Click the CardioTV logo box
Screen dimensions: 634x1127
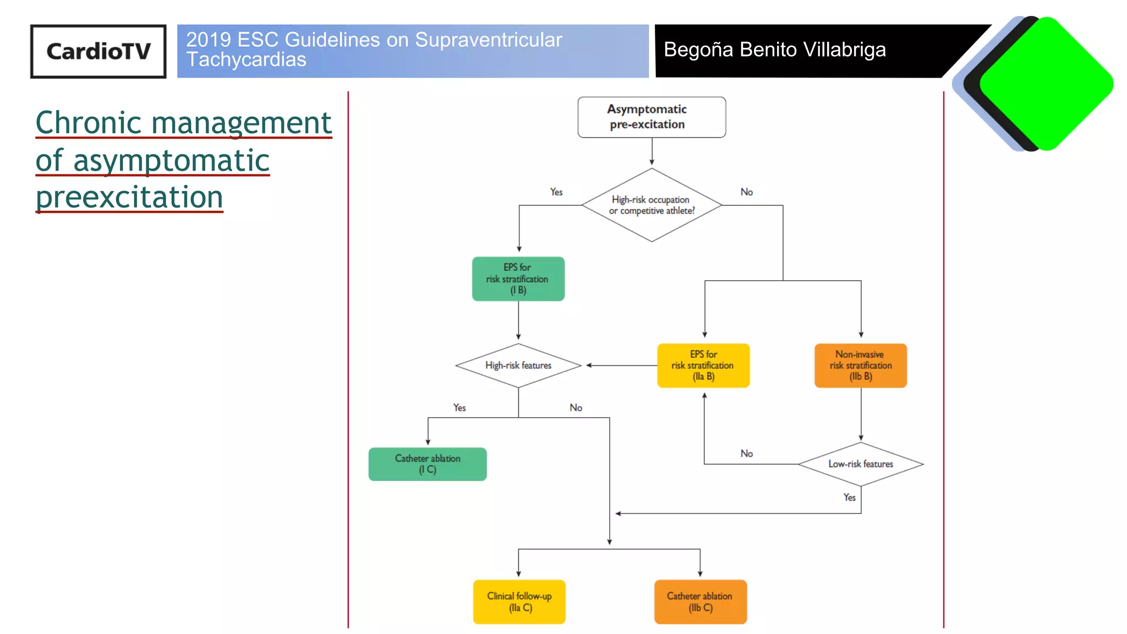98,51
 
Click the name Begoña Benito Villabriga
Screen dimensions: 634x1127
774,50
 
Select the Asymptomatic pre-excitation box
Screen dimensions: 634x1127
652,117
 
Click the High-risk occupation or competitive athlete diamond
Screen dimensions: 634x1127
652,205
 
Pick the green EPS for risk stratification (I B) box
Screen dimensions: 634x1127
518,279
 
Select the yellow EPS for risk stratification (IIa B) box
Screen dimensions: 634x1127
703,365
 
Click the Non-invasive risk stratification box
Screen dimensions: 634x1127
860,365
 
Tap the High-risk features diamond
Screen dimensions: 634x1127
518,365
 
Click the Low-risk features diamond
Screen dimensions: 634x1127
860,464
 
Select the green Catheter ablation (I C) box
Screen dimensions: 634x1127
428,464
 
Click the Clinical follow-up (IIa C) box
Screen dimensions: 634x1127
519,602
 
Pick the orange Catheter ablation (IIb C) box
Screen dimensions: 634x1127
700,602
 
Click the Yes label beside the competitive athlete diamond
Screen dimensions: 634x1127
556,192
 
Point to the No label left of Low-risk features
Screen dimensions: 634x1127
746,453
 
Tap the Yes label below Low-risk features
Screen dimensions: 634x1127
849,498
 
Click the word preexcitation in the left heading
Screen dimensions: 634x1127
129,197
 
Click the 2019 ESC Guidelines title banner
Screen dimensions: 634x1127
413,51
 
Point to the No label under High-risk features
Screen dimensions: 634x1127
576,408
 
